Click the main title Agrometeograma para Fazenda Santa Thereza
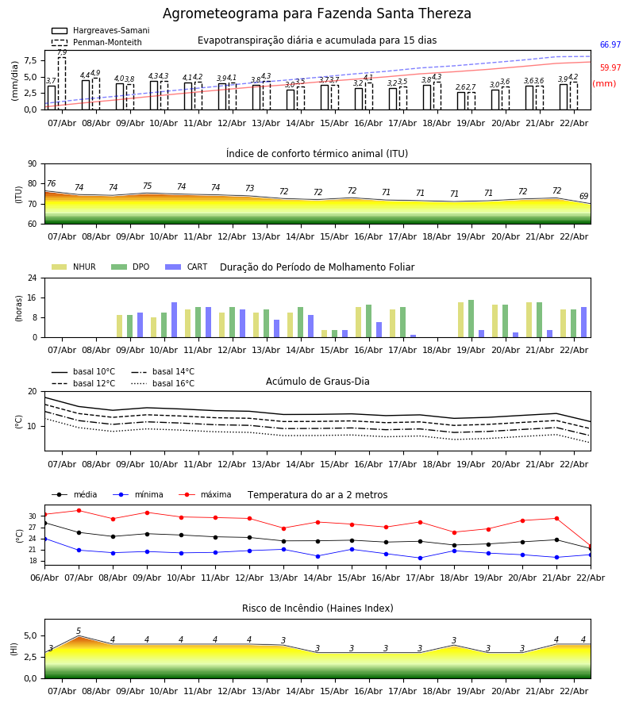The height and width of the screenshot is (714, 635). [x=317, y=14]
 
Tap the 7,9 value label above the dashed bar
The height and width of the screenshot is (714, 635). [x=62, y=52]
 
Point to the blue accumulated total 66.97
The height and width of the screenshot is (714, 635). [x=610, y=45]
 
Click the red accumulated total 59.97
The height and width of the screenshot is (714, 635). [x=610, y=68]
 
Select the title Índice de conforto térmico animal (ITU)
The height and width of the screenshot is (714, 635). [x=317, y=154]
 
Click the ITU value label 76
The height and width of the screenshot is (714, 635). [x=51, y=184]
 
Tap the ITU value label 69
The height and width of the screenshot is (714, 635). [x=583, y=197]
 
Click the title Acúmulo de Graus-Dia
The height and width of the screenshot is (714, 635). [x=317, y=382]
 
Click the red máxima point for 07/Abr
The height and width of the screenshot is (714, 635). [x=79, y=510]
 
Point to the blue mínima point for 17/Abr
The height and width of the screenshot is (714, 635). [x=420, y=558]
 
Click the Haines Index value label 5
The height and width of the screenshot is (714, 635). [x=79, y=631]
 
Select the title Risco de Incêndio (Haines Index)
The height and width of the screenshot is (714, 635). [x=317, y=608]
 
